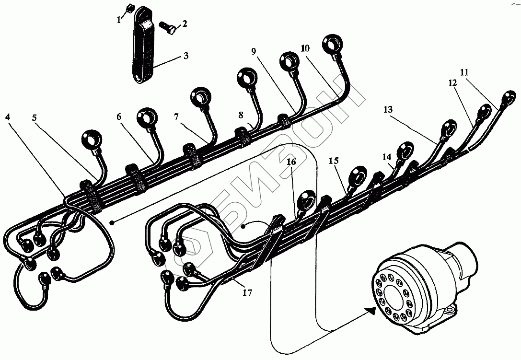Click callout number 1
[x=118, y=20]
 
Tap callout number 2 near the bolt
[x=184, y=23]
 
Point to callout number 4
[x=8, y=117]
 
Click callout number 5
[x=35, y=117]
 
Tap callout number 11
[x=463, y=72]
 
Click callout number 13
[x=388, y=110]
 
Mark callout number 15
[x=334, y=161]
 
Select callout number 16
[x=292, y=162]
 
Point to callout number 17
[x=247, y=291]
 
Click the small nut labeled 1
[x=128, y=8]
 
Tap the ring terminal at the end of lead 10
[x=333, y=44]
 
